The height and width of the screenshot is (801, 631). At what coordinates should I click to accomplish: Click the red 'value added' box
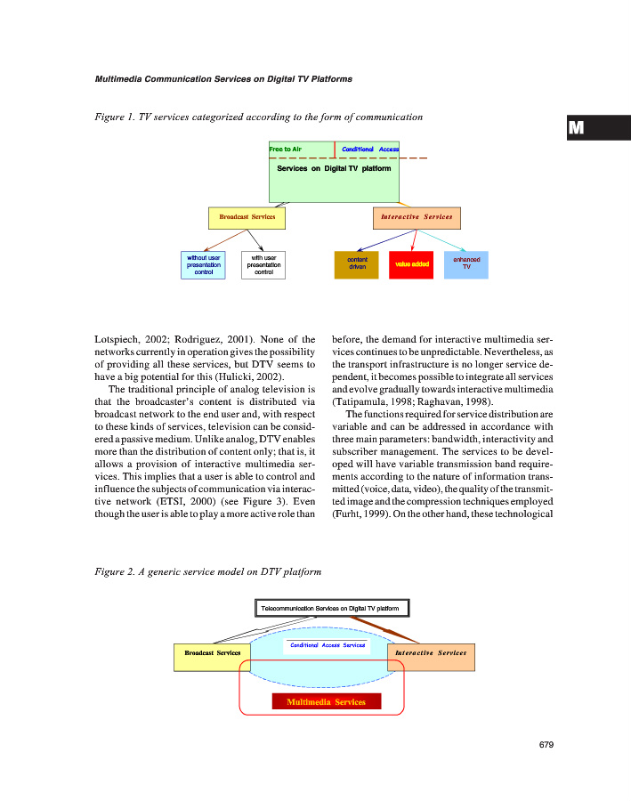tap(411, 264)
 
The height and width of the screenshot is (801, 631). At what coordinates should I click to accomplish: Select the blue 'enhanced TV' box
tap(466, 264)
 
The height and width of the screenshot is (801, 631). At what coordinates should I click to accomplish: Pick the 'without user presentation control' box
tap(203, 264)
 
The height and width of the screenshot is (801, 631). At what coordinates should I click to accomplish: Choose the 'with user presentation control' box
tap(263, 264)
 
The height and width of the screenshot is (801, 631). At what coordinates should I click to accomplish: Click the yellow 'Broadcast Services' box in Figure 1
tap(247, 217)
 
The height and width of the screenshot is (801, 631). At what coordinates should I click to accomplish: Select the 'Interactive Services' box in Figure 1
tap(416, 217)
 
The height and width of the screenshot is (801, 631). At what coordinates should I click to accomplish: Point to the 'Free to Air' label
tap(286, 149)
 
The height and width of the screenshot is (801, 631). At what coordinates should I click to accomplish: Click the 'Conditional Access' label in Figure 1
tap(370, 149)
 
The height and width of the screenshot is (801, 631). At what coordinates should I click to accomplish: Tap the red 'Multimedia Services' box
tap(326, 702)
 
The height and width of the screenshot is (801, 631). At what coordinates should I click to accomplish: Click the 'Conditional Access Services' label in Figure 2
tap(328, 644)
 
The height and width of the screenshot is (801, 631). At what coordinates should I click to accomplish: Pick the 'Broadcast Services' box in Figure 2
tap(213, 653)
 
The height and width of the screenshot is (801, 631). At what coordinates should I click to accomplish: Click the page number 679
tap(546, 745)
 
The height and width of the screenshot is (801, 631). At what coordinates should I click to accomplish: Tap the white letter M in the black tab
tap(576, 127)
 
